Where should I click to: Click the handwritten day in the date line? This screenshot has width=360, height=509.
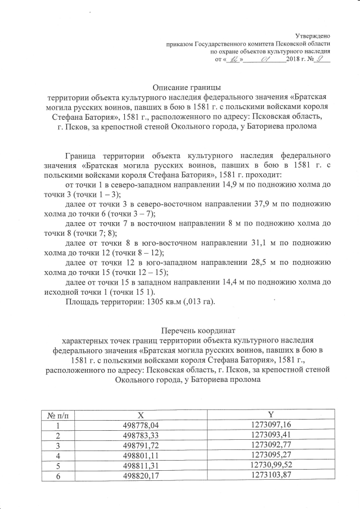[233, 59]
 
